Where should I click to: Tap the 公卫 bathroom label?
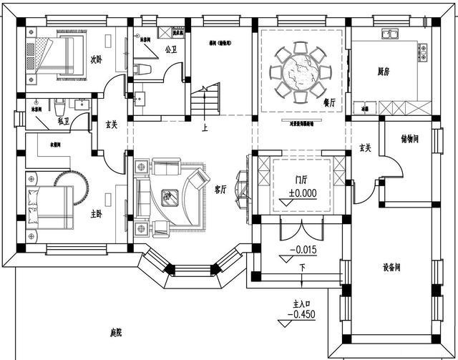[170, 50]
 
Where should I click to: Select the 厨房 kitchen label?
[384, 71]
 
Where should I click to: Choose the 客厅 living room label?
[220, 190]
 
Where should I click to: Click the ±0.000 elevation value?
[303, 193]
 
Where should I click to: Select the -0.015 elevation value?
[303, 250]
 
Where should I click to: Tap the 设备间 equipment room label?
[391, 268]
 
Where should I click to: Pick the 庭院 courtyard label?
[117, 333]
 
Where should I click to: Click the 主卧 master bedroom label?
[96, 213]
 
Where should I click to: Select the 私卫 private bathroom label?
[63, 122]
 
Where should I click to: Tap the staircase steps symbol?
[205, 101]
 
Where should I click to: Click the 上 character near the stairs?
[205, 129]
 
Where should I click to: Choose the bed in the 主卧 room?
[50, 208]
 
